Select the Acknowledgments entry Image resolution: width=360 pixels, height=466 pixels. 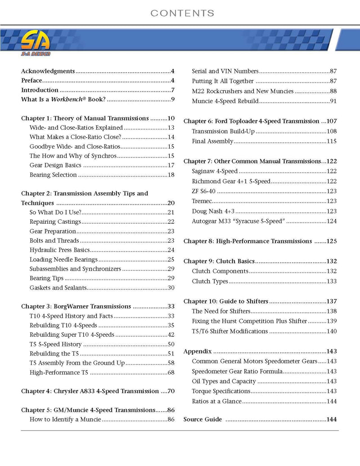48,71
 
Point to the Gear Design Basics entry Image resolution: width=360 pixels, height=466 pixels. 55,165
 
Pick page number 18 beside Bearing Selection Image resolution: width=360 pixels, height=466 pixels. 171,175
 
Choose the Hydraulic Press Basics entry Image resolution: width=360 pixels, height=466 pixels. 60,250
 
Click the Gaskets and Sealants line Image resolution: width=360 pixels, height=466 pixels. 57,287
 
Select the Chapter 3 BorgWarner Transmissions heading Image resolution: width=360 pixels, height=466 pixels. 76,306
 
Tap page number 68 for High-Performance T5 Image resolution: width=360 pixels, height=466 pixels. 171,372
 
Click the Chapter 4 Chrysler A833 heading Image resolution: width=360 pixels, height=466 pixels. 90,391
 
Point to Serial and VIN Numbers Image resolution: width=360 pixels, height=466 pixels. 225,71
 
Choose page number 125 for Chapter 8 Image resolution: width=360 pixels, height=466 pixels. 332,241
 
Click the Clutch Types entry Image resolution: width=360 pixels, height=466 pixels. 210,281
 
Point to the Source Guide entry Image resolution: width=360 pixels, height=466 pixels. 203,419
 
